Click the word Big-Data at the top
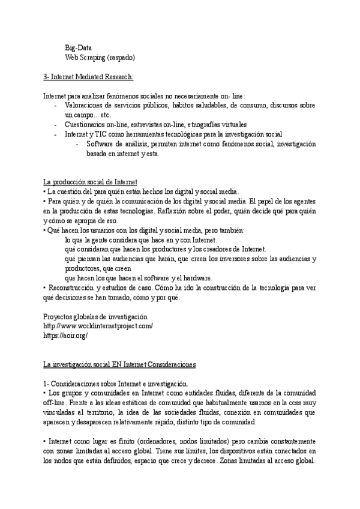pos(79,48)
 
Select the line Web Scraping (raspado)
pos(100,58)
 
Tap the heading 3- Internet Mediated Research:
pos(88,77)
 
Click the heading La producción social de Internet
pos(91,182)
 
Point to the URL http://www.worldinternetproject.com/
pos(98,326)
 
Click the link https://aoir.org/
pos(65,336)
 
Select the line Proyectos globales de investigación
pos(95,316)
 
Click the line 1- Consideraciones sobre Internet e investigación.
pos(116,384)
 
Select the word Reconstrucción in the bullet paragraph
pos(73,288)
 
